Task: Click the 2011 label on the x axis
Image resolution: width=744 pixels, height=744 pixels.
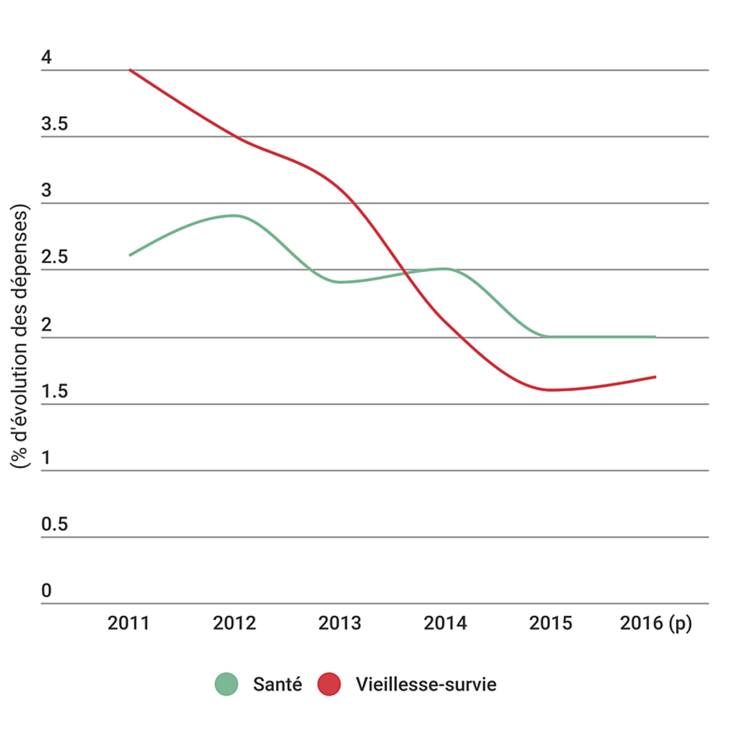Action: pos(128,623)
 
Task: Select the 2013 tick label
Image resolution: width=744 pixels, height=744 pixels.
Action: pos(339,623)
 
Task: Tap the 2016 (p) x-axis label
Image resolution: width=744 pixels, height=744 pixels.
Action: pos(656,624)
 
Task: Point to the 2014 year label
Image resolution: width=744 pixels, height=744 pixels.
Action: pos(445,623)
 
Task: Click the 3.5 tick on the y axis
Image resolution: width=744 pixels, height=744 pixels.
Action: pos(54,124)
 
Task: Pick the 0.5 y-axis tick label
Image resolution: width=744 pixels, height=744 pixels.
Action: pos(54,524)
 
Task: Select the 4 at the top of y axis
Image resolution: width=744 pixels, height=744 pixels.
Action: pos(46,57)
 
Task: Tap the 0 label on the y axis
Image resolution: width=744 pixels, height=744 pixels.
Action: pos(46,591)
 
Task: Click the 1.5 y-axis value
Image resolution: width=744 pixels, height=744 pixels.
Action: pos(54,391)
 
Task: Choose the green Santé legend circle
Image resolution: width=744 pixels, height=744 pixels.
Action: pos(226,684)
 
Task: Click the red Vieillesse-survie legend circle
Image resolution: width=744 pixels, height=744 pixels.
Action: pos(329,684)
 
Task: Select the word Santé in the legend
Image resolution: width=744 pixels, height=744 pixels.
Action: pos(277,684)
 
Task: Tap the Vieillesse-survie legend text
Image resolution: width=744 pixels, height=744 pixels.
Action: pos(426,684)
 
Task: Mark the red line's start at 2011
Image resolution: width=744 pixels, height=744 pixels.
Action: pos(130,70)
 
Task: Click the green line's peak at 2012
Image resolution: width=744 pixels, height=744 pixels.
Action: pos(234,216)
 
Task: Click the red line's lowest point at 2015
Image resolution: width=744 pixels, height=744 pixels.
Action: pos(550,390)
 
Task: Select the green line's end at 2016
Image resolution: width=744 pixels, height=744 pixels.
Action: pos(655,337)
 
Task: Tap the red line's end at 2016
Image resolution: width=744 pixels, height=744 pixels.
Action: pos(655,377)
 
